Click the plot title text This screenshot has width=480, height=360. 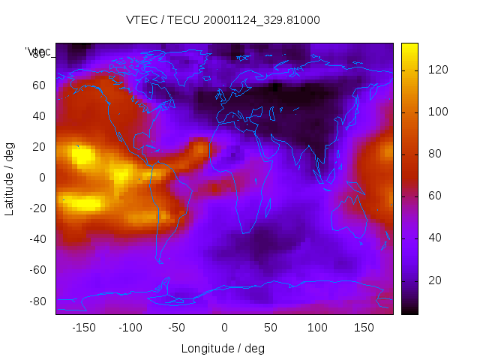pyautogui.click(x=223, y=20)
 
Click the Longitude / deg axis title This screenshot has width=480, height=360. pyautogui.click(x=223, y=348)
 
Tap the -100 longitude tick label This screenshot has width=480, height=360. pyautogui.click(x=130, y=328)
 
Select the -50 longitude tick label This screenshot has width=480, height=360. pyautogui.click(x=177, y=328)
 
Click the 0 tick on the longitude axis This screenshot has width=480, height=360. pyautogui.click(x=224, y=328)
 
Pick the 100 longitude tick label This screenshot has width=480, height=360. pyautogui.click(x=318, y=328)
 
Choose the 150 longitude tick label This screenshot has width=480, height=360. pyautogui.click(x=364, y=328)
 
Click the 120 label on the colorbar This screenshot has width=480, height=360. pyautogui.click(x=437, y=70)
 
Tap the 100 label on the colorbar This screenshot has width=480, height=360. pyautogui.click(x=437, y=112)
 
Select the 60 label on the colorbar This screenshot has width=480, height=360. pyautogui.click(x=434, y=196)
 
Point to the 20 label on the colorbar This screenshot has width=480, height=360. pyautogui.click(x=434, y=280)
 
